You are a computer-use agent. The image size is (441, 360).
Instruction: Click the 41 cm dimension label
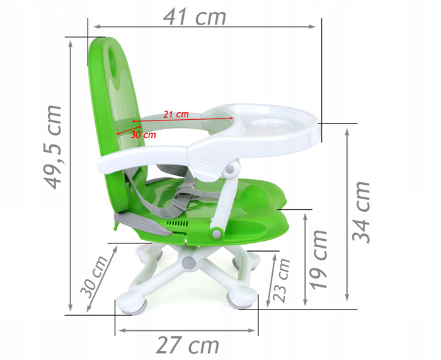point(194,17)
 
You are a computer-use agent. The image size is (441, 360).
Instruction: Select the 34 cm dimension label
point(361,212)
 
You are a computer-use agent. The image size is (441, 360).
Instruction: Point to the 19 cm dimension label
point(319,260)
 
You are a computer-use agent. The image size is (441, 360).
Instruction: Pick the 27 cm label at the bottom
point(187,345)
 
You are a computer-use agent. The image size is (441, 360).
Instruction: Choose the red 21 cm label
point(176,114)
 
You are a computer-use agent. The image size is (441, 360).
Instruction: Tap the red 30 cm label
point(143,135)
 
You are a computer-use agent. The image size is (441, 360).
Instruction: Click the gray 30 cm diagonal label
point(94,277)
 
